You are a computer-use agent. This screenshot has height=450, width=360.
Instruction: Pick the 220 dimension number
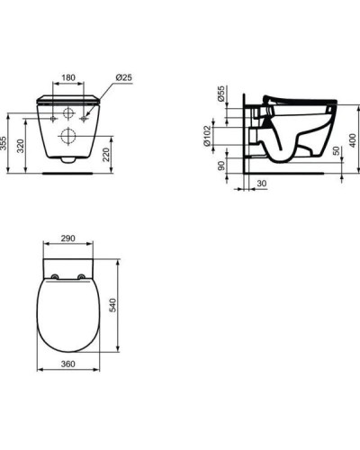(x=108, y=155)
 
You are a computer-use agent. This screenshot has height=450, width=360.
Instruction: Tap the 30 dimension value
(x=261, y=184)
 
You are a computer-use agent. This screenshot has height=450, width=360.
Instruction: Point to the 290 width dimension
(x=67, y=239)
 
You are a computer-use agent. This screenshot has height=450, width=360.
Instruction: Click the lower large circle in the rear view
(x=68, y=135)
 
